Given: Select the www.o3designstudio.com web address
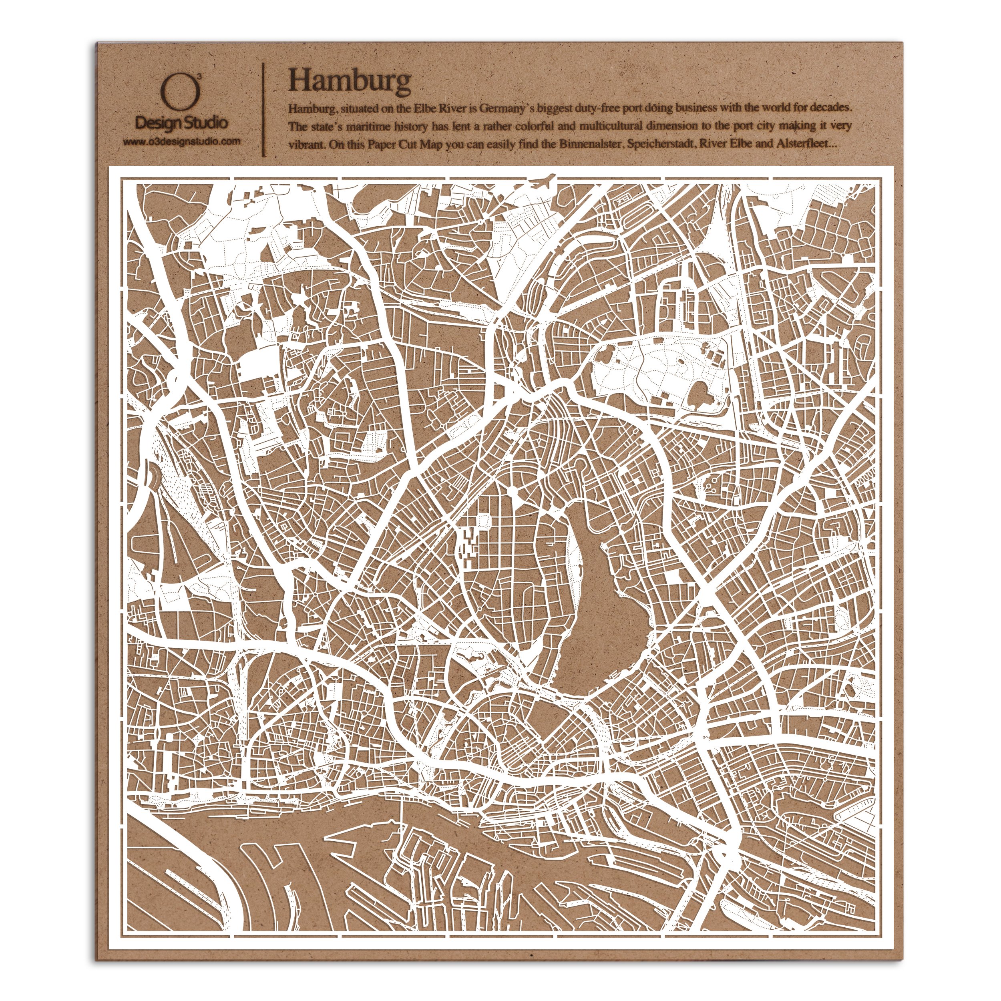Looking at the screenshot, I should click(181, 141).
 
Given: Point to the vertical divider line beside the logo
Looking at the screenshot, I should click(265, 109).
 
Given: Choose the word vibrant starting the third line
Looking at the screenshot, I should click(305, 146).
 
